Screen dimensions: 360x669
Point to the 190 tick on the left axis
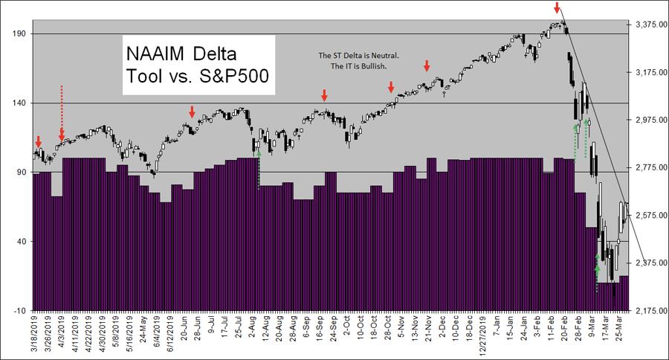(x=19, y=33)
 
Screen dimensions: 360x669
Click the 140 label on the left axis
(x=19, y=103)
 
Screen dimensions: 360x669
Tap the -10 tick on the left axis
(x=19, y=310)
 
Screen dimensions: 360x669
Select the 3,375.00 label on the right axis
(x=650, y=25)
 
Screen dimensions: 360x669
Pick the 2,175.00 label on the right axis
(x=650, y=310)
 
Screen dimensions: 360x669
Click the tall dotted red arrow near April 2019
(x=62, y=112)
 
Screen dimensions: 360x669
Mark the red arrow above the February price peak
(x=557, y=8)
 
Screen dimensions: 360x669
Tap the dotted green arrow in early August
(x=258, y=170)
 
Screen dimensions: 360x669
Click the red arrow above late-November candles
(x=427, y=66)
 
